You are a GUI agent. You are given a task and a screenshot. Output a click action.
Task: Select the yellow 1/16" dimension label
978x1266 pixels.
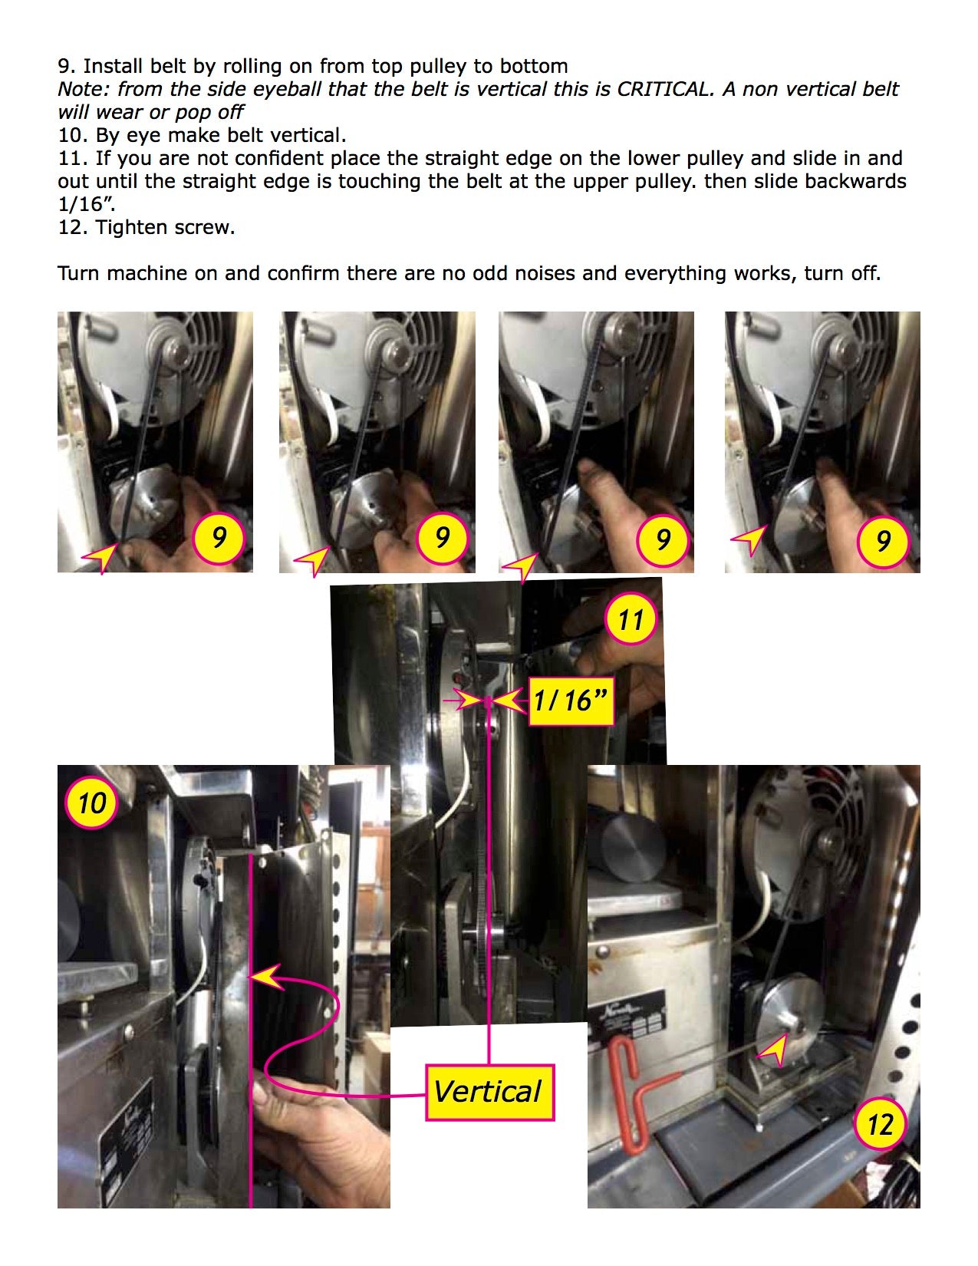pos(571,701)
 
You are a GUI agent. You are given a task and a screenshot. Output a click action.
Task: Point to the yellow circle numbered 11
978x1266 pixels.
pos(631,618)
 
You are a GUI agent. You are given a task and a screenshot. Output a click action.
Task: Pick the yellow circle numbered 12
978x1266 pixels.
pos(880,1124)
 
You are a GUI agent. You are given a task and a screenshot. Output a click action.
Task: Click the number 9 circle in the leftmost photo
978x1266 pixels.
pos(219,538)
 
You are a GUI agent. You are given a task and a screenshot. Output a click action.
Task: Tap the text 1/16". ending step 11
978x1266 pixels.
pos(86,205)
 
